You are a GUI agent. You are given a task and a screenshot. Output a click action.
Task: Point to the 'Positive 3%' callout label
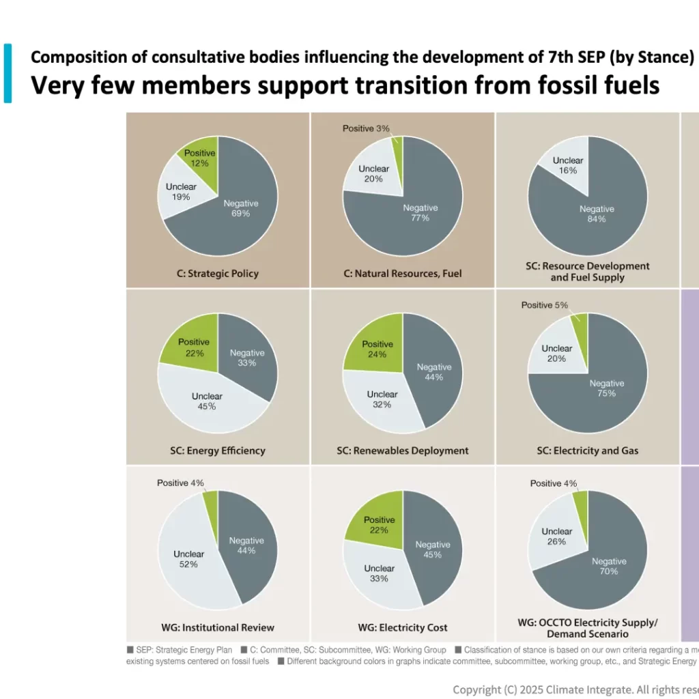pos(366,128)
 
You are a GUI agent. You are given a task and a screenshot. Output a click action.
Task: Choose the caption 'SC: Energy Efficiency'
pos(217,451)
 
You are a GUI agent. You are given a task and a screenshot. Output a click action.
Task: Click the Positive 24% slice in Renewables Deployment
pos(377,349)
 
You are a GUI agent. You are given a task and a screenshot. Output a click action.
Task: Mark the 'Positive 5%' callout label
pos(544,304)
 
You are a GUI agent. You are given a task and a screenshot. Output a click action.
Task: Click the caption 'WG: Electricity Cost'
pos(403,627)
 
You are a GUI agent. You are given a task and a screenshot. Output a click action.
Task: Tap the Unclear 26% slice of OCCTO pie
pos(557,536)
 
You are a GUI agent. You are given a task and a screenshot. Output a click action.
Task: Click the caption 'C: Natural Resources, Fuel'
pos(403,273)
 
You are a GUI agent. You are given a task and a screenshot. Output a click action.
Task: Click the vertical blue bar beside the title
pos(8,73)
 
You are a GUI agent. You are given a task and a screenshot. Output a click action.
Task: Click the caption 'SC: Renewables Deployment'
pos(403,451)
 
